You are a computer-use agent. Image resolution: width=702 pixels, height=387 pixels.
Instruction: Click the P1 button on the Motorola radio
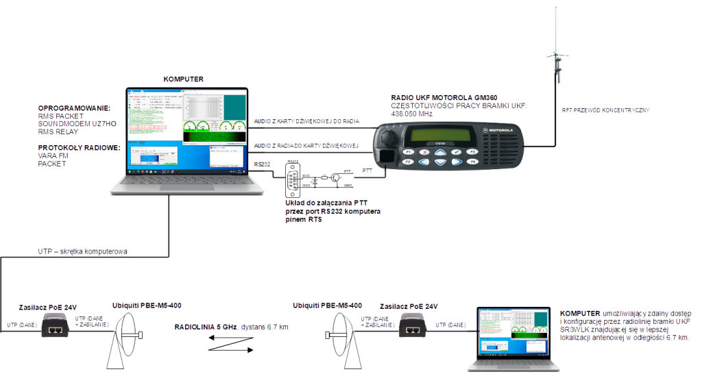click(x=409, y=151)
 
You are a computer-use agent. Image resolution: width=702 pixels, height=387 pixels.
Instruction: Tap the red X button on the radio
click(x=424, y=151)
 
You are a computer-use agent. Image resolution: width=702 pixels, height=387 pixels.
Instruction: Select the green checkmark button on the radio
click(x=456, y=151)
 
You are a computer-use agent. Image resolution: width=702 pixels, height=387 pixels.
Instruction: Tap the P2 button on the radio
click(x=409, y=162)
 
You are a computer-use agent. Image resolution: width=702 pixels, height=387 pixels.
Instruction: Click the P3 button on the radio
click(x=472, y=151)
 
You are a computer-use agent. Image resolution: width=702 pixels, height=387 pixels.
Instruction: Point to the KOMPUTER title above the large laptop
click(x=184, y=79)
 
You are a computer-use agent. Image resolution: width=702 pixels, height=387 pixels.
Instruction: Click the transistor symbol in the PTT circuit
click(x=334, y=179)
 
